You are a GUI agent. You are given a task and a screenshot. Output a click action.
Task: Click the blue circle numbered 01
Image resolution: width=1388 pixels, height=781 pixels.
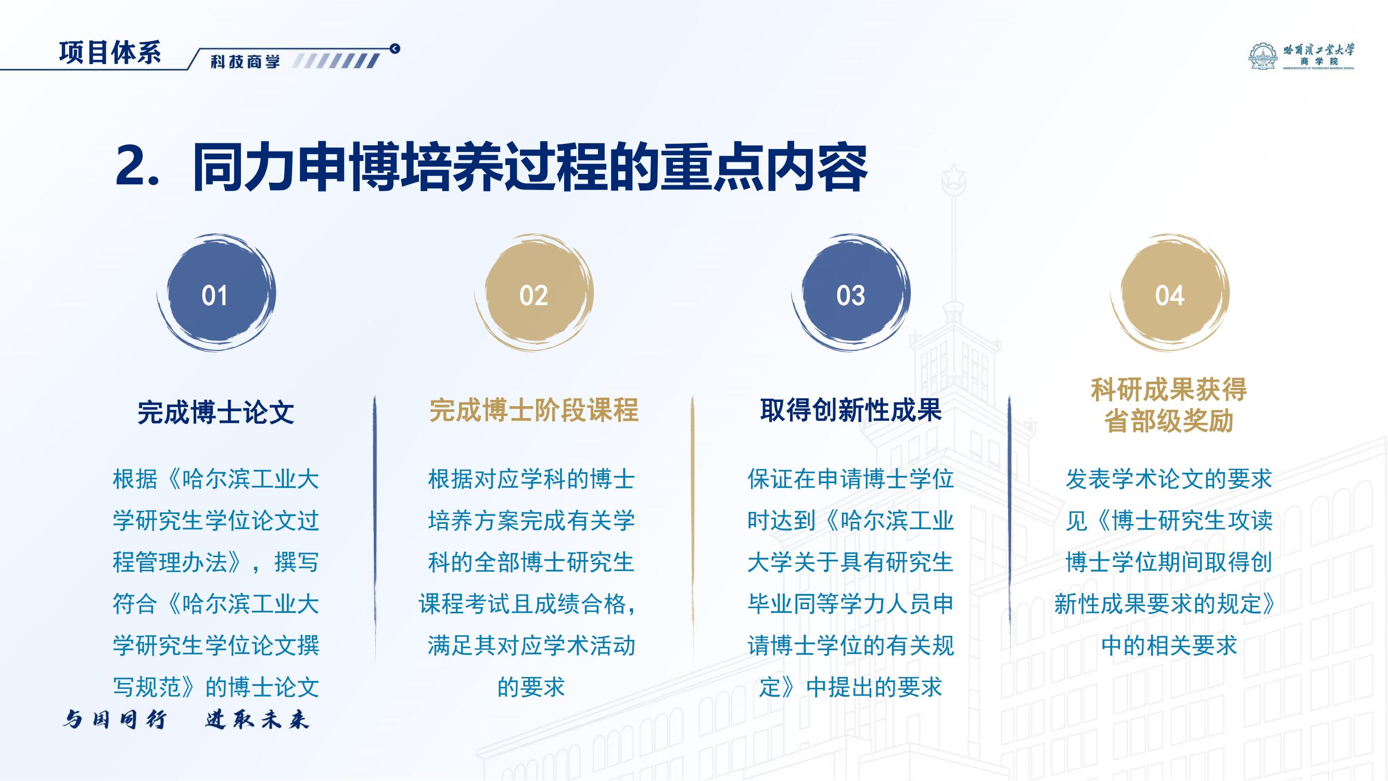(x=215, y=294)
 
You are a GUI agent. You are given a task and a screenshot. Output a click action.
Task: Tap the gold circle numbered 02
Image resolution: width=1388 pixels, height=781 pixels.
(x=533, y=294)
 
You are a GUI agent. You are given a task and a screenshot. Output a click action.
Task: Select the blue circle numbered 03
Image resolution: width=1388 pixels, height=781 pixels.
(x=851, y=294)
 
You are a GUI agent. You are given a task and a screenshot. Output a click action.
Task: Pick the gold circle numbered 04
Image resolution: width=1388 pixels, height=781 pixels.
(x=1169, y=294)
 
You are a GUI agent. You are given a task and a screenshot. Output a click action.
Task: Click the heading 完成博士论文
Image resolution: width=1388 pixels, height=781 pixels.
(x=215, y=412)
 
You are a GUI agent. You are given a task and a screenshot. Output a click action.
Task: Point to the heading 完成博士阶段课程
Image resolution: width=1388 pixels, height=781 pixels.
(x=533, y=410)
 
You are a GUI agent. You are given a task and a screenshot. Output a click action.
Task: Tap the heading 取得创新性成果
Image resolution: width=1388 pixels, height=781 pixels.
(x=851, y=410)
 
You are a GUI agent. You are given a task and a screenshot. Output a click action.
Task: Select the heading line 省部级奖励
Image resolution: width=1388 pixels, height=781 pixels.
(x=1169, y=421)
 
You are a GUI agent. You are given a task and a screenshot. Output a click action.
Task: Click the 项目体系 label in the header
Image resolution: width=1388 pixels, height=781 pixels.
(x=110, y=53)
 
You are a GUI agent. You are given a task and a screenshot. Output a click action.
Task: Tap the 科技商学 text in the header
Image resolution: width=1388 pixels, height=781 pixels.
(x=246, y=61)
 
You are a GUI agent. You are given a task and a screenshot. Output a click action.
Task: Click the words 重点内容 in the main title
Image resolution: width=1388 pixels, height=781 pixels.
(x=765, y=167)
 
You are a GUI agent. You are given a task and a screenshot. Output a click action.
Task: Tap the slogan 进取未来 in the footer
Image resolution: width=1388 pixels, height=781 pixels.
(x=257, y=720)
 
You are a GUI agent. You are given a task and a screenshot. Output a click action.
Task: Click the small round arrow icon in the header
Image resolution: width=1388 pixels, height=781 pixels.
(x=395, y=49)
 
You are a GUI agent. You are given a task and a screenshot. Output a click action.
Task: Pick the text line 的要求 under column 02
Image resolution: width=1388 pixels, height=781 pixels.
(x=531, y=687)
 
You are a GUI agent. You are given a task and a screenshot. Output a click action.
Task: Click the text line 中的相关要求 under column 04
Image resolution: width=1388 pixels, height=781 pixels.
(x=1169, y=646)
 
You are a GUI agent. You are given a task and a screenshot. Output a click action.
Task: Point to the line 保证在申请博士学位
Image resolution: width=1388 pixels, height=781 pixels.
(x=850, y=479)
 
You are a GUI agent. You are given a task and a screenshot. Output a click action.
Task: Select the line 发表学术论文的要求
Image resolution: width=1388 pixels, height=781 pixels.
(x=1169, y=479)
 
